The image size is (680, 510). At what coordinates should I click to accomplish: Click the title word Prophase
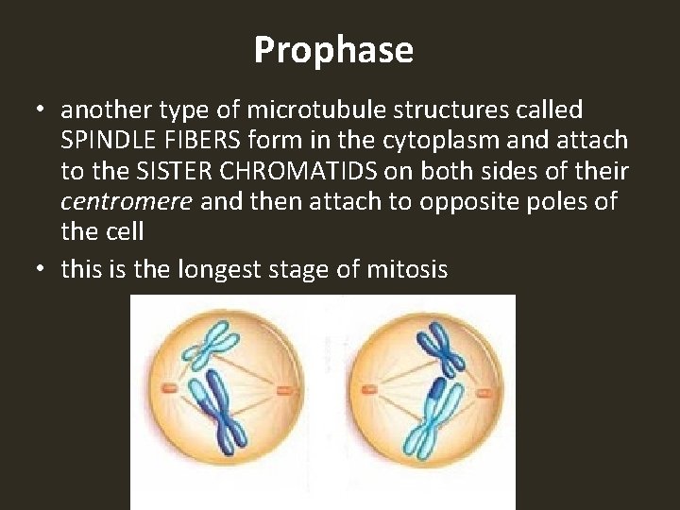333,50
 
